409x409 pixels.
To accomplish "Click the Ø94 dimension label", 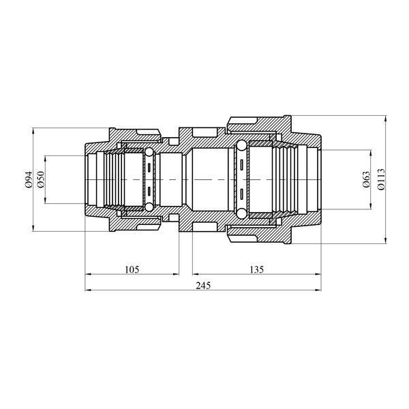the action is click(x=28, y=179).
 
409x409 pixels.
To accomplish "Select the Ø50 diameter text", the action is click(x=41, y=179).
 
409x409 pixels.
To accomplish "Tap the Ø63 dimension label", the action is click(x=366, y=179).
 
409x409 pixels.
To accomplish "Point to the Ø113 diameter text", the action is click(x=380, y=179).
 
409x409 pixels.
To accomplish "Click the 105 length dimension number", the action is click(x=132, y=269).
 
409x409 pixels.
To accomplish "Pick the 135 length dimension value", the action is click(x=257, y=269).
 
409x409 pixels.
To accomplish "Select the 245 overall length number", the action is click(x=203, y=286).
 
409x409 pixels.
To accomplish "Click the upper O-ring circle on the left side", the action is click(x=149, y=152).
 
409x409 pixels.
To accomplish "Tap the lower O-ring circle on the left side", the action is click(x=149, y=207).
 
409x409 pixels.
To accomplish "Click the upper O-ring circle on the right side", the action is click(x=241, y=145).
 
